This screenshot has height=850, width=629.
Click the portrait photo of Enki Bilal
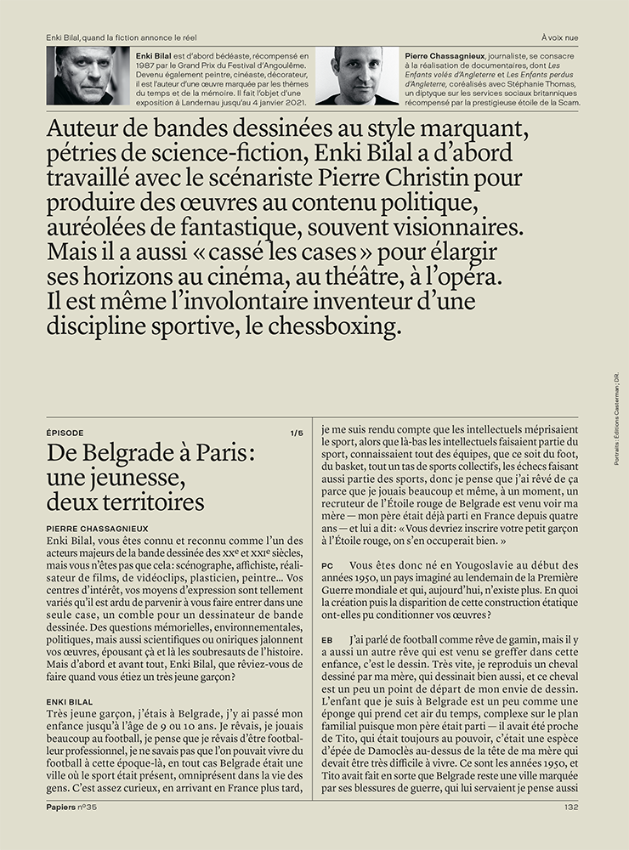(87, 76)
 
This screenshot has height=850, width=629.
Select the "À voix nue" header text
(560, 36)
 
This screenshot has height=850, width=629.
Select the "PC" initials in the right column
(327, 565)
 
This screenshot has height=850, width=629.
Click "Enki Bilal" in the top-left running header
(65, 36)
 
